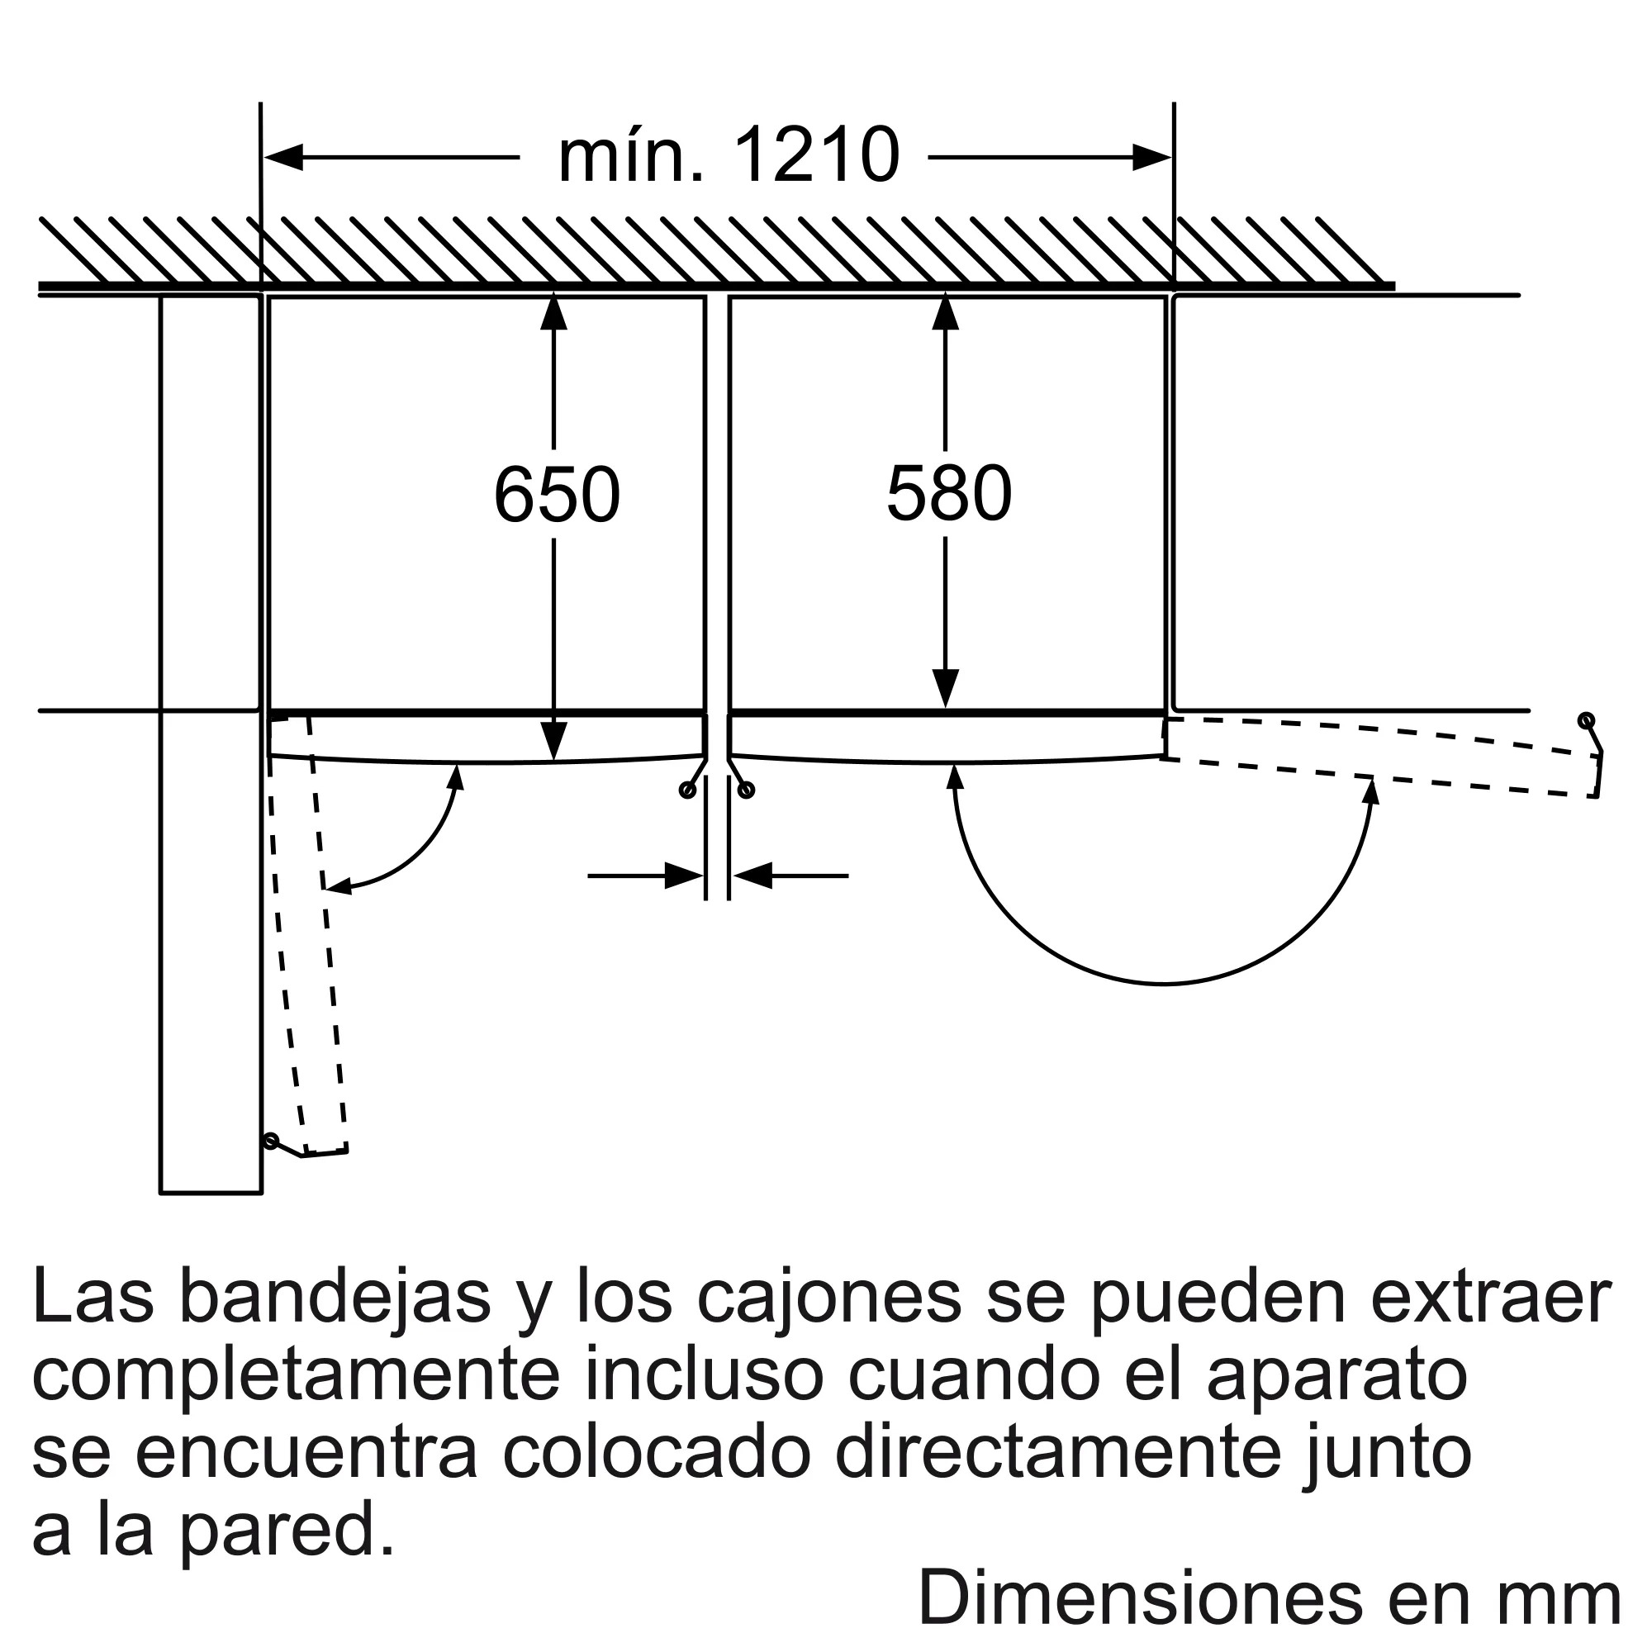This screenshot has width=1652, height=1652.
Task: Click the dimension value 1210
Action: tap(817, 155)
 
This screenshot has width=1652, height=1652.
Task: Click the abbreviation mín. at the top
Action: tap(631, 155)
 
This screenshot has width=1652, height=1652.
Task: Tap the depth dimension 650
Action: tap(557, 494)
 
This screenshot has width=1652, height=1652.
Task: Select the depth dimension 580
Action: tap(949, 493)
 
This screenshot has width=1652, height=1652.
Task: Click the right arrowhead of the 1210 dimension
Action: tap(1151, 157)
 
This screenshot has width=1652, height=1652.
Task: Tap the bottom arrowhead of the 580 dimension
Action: tap(945, 687)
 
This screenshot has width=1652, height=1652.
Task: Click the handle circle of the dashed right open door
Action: tap(1586, 720)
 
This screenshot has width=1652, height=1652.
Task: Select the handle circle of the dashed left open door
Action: tap(271, 1141)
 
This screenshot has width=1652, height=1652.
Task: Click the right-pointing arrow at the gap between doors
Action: tap(684, 876)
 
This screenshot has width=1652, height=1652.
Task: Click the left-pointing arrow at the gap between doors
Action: tap(752, 876)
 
